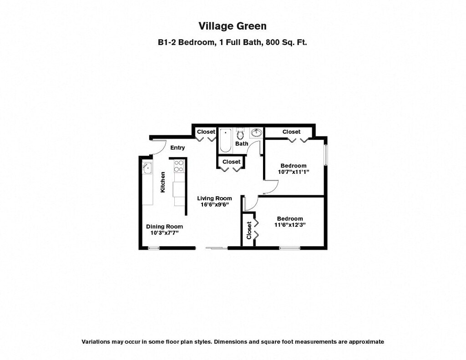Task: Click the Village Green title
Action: (x=233, y=25)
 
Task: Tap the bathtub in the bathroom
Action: (x=225, y=140)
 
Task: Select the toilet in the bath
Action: (x=241, y=134)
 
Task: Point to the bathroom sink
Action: (x=256, y=133)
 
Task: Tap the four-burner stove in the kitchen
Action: (x=178, y=166)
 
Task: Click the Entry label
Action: (x=177, y=147)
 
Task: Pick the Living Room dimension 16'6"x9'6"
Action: (x=214, y=205)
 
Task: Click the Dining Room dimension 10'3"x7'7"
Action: (x=164, y=233)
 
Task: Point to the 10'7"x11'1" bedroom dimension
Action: (x=294, y=172)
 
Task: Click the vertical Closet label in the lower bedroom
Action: (x=249, y=230)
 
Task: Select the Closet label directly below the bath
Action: (x=232, y=162)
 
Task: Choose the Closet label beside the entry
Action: (x=206, y=132)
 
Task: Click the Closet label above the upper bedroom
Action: (x=291, y=132)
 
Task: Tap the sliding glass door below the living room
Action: (x=217, y=248)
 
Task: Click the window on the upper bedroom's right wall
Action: (x=325, y=155)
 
